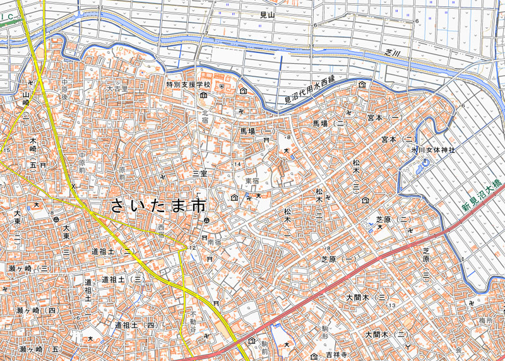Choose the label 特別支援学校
coord(188,84)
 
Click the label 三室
coord(200,173)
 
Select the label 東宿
coord(252,181)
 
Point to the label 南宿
coord(215,240)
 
